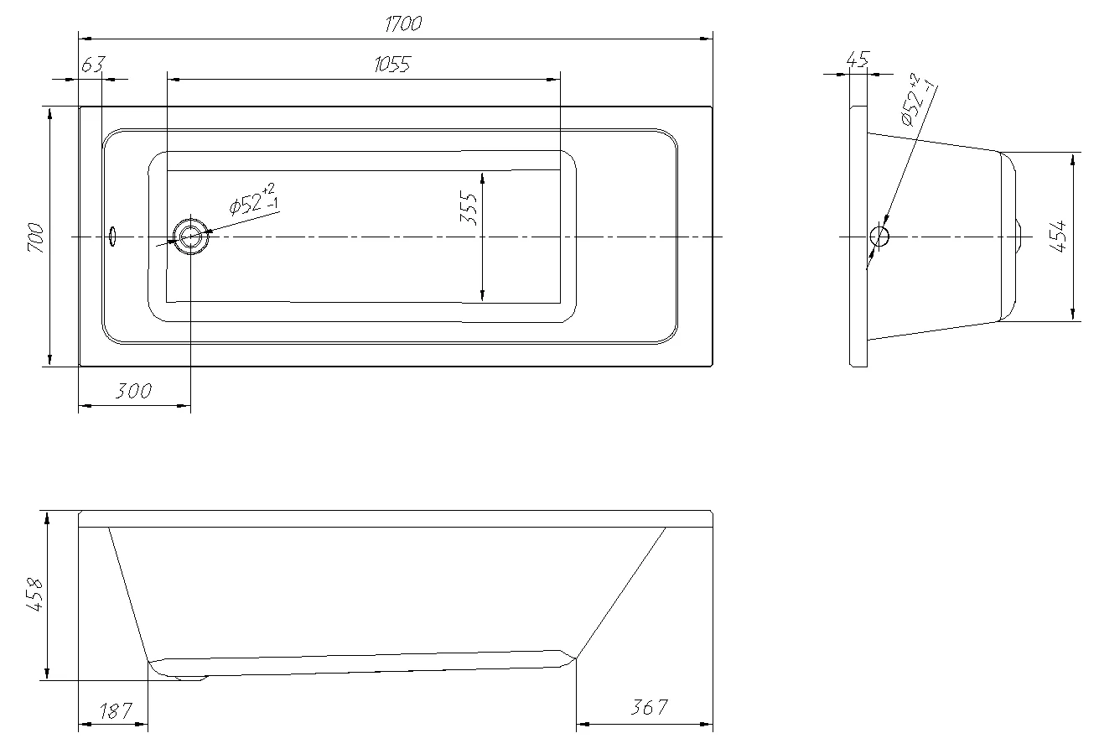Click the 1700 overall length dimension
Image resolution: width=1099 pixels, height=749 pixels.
[403, 23]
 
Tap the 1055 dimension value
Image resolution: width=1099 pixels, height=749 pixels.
[392, 65]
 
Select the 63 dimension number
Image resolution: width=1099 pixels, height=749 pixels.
[93, 65]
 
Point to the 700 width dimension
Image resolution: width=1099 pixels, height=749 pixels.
[36, 237]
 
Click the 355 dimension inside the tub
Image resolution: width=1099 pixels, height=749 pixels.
[469, 208]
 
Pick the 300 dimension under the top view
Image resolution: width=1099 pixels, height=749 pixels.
[133, 391]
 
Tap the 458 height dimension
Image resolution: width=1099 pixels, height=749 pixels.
[34, 595]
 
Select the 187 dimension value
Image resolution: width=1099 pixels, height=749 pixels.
[116, 710]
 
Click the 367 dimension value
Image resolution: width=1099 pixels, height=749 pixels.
[649, 707]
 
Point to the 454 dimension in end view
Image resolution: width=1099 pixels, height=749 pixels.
[1058, 236]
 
